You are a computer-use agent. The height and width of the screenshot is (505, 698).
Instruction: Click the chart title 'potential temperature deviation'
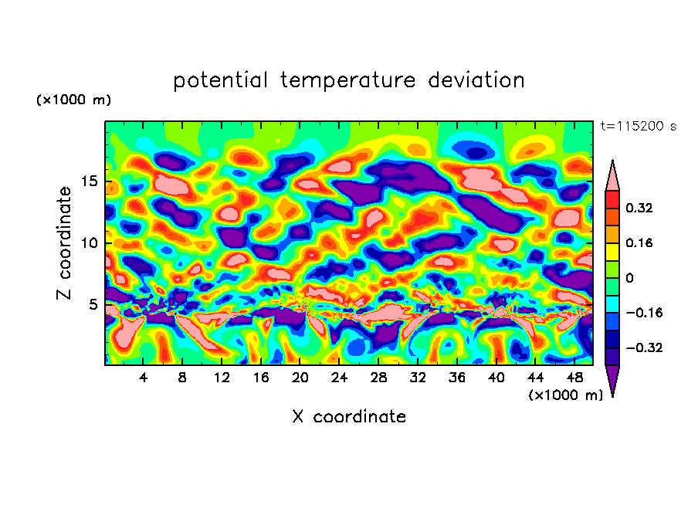click(348, 80)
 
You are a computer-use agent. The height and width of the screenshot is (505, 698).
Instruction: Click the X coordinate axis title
click(349, 417)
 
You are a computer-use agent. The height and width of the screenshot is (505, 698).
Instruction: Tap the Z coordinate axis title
click(65, 242)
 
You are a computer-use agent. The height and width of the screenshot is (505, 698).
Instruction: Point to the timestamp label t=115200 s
click(638, 126)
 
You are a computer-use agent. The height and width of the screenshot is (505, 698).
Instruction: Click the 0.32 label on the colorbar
click(640, 208)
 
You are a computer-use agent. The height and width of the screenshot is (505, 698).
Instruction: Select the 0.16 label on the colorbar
click(640, 242)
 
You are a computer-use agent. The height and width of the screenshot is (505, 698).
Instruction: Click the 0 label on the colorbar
click(629, 278)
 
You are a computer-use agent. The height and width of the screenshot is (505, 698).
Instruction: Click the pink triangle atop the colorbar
click(612, 176)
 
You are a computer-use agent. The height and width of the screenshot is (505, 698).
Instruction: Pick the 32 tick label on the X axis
click(417, 378)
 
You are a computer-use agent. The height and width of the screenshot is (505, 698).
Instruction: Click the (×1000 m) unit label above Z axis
click(73, 100)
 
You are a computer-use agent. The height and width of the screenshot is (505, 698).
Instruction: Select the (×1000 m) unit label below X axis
click(565, 395)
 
